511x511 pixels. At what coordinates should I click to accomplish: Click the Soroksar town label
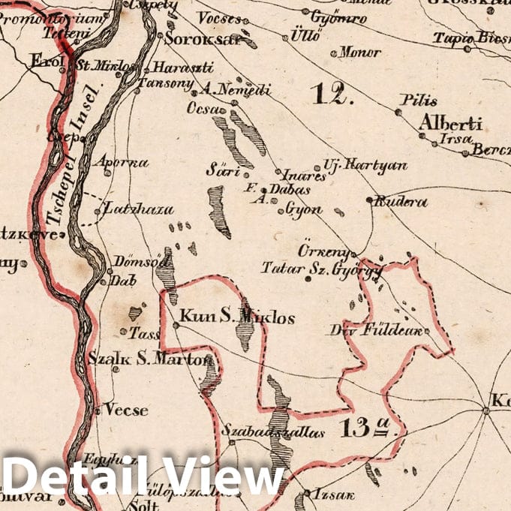click(194, 39)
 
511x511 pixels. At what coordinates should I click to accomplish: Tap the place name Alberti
click(450, 123)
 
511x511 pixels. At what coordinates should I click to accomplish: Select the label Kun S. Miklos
click(238, 317)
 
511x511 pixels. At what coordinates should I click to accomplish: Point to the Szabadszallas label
click(262, 431)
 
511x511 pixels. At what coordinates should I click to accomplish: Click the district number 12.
click(330, 94)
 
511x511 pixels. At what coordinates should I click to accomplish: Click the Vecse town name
click(126, 410)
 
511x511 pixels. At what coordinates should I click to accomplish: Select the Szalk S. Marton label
click(151, 359)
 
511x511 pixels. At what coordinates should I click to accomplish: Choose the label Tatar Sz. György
click(323, 268)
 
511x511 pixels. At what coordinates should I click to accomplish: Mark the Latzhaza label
click(140, 209)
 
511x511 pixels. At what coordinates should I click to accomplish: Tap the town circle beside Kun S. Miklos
click(176, 325)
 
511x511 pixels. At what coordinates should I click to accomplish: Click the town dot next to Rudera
click(369, 200)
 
